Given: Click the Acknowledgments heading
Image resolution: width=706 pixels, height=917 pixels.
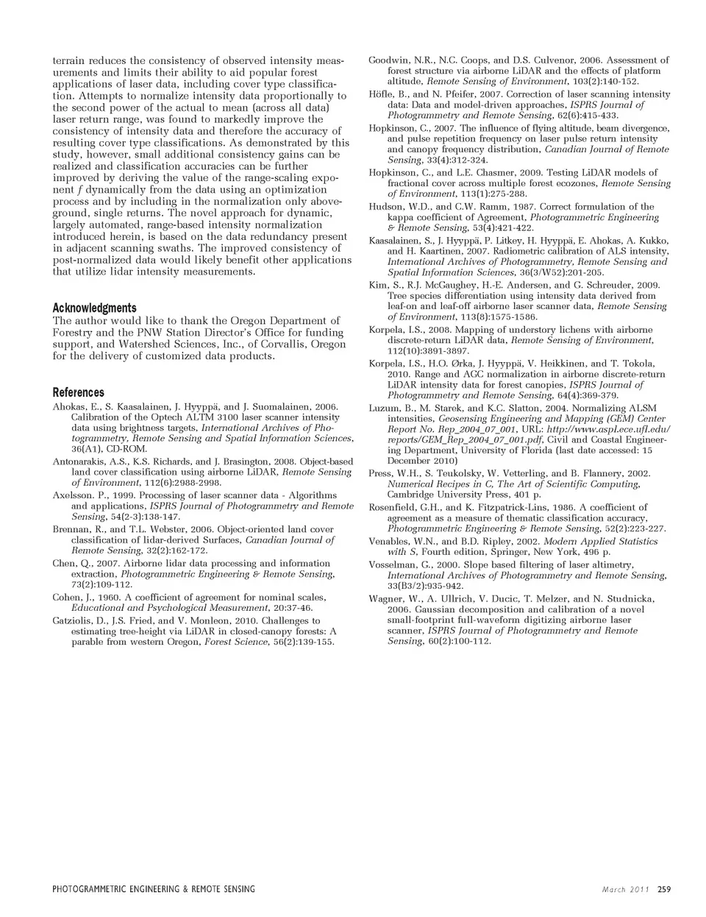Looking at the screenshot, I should click(94, 308).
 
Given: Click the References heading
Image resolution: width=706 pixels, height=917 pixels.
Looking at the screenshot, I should click(78, 392).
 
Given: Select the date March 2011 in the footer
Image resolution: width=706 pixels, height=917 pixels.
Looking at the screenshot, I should click(626, 889).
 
